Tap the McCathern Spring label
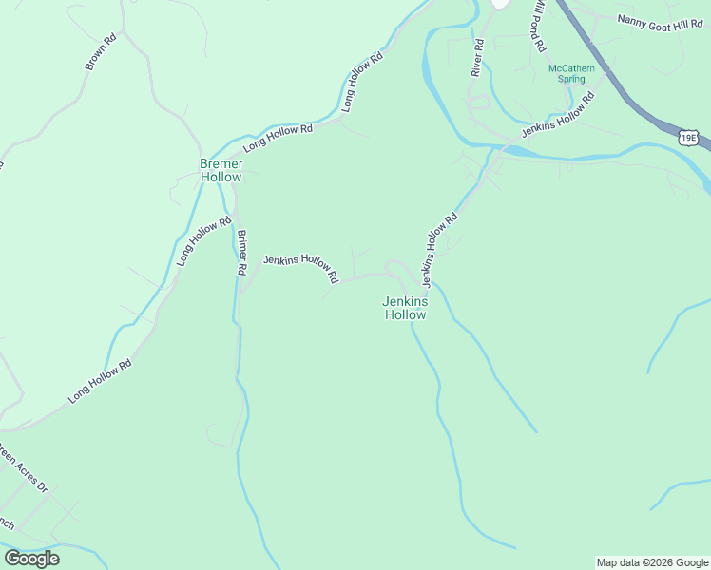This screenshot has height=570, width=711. pyautogui.click(x=571, y=73)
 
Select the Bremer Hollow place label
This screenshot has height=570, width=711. pyautogui.click(x=221, y=170)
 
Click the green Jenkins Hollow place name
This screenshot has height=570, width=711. pyautogui.click(x=405, y=308)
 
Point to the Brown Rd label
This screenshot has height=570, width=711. pyautogui.click(x=100, y=52)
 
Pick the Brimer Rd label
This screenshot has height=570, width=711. pyautogui.click(x=241, y=254)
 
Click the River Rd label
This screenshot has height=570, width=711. pyautogui.click(x=477, y=58)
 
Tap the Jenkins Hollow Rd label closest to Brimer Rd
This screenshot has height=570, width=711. pyautogui.click(x=300, y=269)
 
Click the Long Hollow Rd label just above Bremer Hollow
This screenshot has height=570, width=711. pyautogui.click(x=278, y=139)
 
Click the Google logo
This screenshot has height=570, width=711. pyautogui.click(x=31, y=559)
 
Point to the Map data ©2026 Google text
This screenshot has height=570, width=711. pyautogui.click(x=652, y=562)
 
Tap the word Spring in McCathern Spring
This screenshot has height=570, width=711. pyautogui.click(x=571, y=80)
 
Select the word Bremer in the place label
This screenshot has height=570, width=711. pyautogui.click(x=221, y=163)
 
